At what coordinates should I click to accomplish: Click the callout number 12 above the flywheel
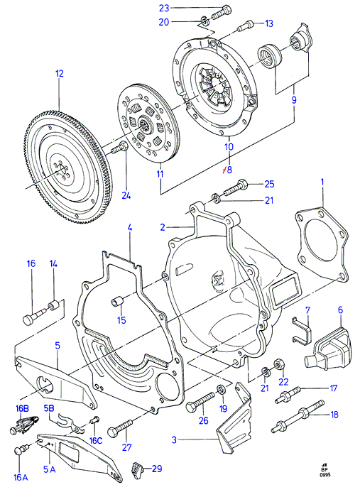coord(60,74)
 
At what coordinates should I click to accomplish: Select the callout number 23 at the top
coord(164,8)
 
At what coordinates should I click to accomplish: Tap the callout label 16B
coord(22,408)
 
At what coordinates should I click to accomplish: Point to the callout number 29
coord(157,469)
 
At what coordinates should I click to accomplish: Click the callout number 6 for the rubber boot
coord(341,310)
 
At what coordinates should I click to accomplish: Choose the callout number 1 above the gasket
coord(322,182)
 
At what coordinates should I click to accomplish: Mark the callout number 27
coord(126,447)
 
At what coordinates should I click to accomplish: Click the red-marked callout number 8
coord(229,170)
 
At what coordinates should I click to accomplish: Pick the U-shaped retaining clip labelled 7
coord(302,330)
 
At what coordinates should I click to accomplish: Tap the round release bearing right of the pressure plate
coord(269,56)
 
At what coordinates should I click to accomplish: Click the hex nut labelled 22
coord(278,365)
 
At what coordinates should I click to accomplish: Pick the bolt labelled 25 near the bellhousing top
coord(234,188)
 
